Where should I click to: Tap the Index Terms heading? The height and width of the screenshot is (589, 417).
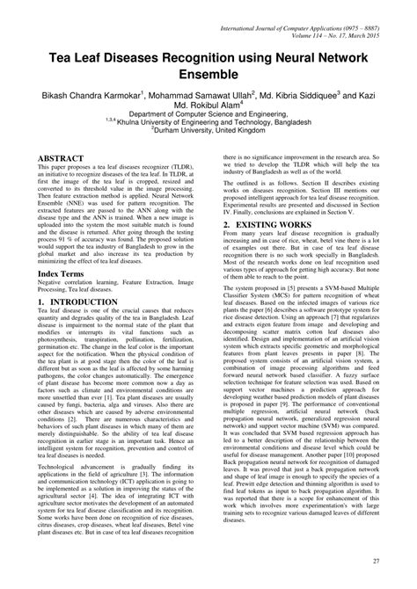coord(64,274)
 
